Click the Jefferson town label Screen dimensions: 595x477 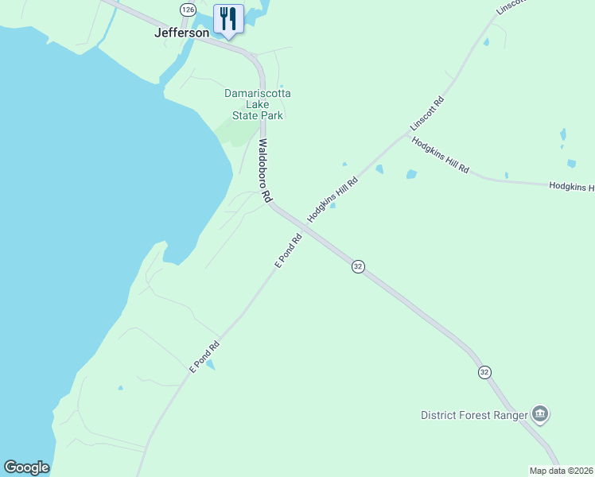click(181, 33)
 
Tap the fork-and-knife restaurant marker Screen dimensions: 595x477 click(229, 18)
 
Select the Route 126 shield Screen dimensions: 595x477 click(188, 10)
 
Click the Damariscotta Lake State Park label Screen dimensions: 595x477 click(257, 104)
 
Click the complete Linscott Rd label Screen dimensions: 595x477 click(426, 114)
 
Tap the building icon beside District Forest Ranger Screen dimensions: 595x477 click(541, 413)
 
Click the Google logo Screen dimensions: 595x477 click(26, 467)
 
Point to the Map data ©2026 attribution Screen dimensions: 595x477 click(560, 471)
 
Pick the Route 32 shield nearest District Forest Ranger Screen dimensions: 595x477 click(484, 372)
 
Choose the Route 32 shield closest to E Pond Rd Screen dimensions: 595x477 click(358, 267)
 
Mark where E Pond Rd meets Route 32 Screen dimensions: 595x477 click(305, 227)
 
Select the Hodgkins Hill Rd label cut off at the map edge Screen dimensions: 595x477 click(571, 187)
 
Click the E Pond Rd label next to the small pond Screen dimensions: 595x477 click(204, 358)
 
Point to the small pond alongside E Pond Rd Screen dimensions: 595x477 click(210, 364)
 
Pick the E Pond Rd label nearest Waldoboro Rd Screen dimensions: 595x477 click(289, 250)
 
